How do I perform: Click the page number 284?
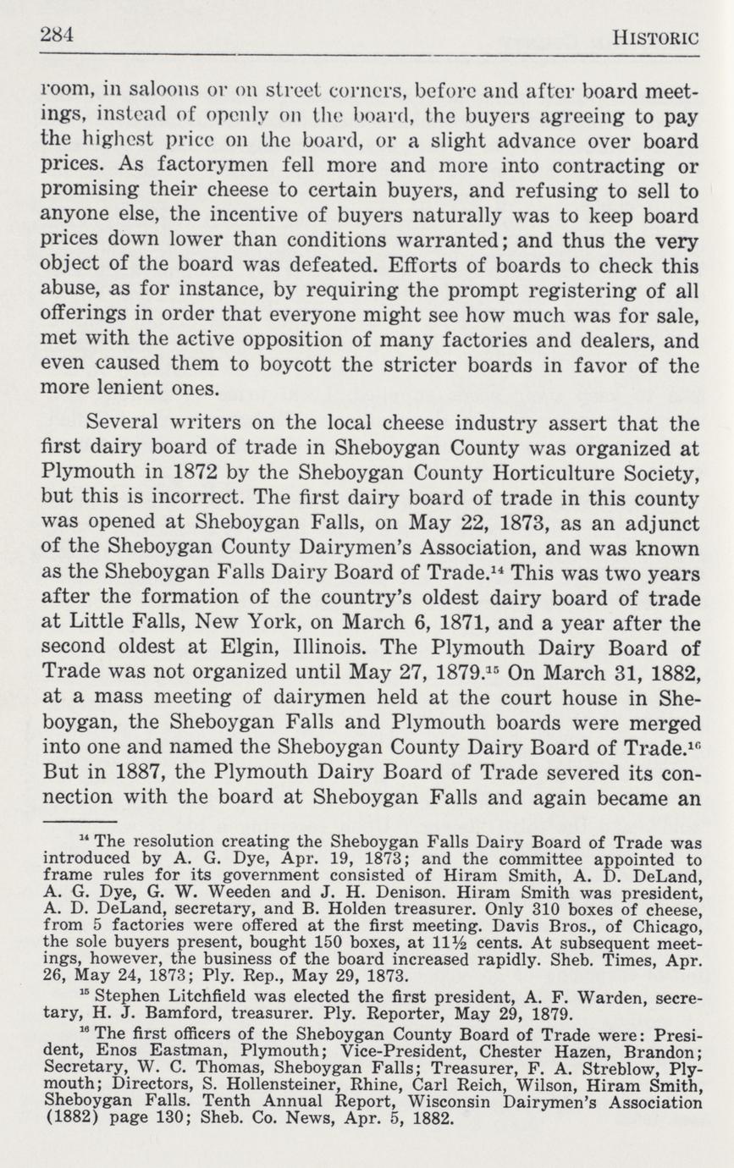58,35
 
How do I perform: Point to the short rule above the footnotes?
78,821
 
